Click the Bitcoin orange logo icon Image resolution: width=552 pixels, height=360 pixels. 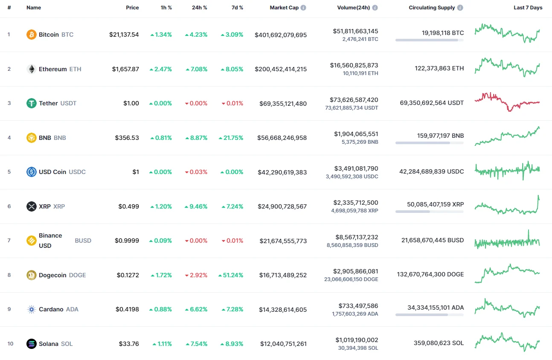[32, 35]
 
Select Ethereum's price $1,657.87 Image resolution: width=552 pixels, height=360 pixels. [125, 69]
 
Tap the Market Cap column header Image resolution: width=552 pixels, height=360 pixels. [284, 8]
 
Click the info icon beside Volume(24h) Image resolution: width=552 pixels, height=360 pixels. [375, 8]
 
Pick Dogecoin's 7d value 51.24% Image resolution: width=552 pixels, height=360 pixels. [232, 275]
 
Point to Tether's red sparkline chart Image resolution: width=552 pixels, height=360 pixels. [507, 102]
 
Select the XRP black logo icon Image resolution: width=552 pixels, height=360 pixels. [32, 206]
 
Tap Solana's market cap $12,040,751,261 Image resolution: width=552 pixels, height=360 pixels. [283, 344]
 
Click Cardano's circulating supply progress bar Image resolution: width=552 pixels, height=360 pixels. [429, 315]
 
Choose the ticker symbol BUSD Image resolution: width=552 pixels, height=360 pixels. [83, 241]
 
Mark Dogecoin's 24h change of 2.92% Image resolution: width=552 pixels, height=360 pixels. [196, 275]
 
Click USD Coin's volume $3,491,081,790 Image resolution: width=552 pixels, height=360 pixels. [356, 168]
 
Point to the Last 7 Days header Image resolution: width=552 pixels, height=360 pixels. [528, 8]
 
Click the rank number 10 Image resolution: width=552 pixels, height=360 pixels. [10, 344]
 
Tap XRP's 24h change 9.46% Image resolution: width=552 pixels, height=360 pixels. [196, 206]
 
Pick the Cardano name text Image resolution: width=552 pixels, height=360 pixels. [51, 309]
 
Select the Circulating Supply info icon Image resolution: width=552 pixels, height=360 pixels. [460, 8]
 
